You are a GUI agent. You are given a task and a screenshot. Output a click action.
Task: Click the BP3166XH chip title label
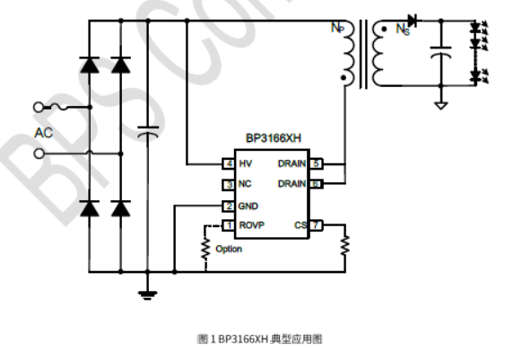pyautogui.click(x=274, y=138)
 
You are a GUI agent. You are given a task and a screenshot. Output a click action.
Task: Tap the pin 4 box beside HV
pyautogui.click(x=229, y=164)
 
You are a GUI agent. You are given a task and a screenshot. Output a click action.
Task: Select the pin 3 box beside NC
pyautogui.click(x=229, y=185)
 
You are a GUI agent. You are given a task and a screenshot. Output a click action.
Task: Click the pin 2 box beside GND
pyautogui.click(x=229, y=206)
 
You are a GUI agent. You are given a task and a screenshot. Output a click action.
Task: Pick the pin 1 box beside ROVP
pyautogui.click(x=229, y=225)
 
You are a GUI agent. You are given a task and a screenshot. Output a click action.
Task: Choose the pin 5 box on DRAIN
pyautogui.click(x=317, y=164)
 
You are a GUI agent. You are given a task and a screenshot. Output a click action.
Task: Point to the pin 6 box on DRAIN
pyautogui.click(x=317, y=184)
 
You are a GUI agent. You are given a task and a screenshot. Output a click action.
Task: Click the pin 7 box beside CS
pyautogui.click(x=317, y=225)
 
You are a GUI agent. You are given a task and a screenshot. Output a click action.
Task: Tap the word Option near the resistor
pyautogui.click(x=229, y=249)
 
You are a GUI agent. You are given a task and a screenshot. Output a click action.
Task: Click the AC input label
pyautogui.click(x=43, y=133)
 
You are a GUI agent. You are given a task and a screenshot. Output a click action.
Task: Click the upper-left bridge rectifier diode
pyautogui.click(x=89, y=65)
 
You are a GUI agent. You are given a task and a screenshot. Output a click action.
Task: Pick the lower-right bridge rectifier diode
pyautogui.click(x=121, y=208)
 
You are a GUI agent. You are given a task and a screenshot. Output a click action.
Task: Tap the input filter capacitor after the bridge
pyautogui.click(x=148, y=133)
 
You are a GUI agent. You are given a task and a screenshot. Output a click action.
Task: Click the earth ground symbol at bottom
pyautogui.click(x=148, y=291)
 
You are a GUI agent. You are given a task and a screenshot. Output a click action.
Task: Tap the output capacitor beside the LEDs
pyautogui.click(x=440, y=52)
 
